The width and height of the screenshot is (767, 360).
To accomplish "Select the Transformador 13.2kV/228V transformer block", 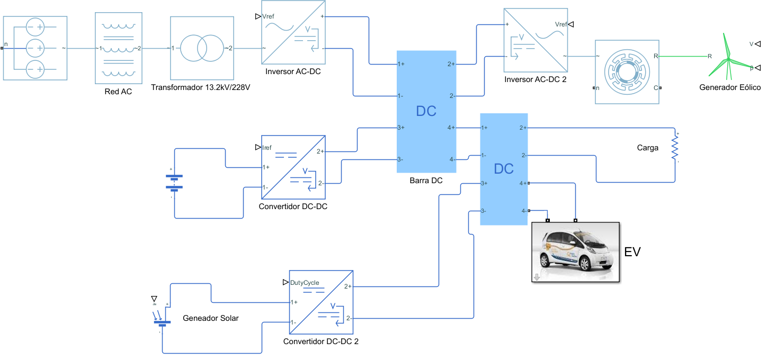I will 202,48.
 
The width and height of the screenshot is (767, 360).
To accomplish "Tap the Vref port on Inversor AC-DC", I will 269,16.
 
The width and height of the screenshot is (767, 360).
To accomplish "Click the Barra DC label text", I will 426,181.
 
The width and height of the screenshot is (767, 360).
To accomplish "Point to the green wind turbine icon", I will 729,56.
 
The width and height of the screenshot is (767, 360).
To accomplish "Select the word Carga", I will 647,148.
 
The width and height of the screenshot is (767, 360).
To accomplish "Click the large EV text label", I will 632,252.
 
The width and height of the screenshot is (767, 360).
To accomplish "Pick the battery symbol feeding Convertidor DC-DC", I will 174,182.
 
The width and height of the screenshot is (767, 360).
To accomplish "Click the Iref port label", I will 267,148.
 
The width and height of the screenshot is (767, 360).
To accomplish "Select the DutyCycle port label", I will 305,283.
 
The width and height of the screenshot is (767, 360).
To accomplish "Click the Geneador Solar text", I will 210,318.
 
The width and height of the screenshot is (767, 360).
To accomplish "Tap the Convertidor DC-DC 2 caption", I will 321,341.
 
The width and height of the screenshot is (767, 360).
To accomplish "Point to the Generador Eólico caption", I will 730,87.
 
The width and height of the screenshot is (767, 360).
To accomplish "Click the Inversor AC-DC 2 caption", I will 535,80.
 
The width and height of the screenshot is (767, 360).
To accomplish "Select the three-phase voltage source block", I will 35,48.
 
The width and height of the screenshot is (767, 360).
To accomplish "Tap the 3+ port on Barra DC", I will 401,128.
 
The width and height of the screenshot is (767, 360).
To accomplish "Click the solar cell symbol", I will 162,321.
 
